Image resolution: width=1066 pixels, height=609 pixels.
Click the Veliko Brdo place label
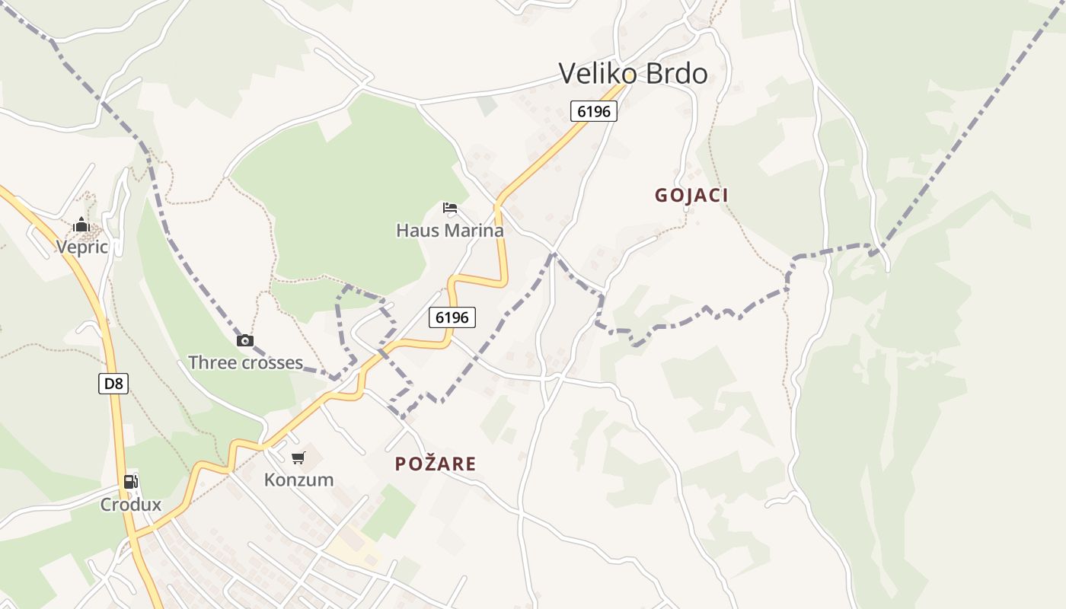coord(633,73)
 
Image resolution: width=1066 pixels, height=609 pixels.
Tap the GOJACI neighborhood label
coord(691,195)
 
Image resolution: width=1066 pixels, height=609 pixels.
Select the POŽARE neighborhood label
coord(436,464)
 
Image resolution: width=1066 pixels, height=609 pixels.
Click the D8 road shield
coord(113,384)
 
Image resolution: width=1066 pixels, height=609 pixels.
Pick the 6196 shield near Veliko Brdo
coord(594,111)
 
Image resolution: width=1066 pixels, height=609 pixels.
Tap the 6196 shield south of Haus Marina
coord(452,317)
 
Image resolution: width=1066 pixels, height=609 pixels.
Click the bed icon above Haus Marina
coord(450,208)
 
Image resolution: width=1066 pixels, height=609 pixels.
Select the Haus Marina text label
coord(450,230)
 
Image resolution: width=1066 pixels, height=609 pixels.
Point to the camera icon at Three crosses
coord(245,340)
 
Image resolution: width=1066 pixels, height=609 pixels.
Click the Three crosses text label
coord(245,362)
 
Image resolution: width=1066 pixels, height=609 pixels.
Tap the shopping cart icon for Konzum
coord(298,458)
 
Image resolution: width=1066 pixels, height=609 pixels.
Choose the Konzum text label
coord(298,480)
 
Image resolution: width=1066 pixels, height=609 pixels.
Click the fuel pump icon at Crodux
coord(131,482)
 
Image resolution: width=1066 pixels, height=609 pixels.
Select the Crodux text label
coord(131,504)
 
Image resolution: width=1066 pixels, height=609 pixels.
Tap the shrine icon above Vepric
coord(81,225)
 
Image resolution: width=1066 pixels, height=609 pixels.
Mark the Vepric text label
coord(81,247)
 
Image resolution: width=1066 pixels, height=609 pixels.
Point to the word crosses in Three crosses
coord(271,362)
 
